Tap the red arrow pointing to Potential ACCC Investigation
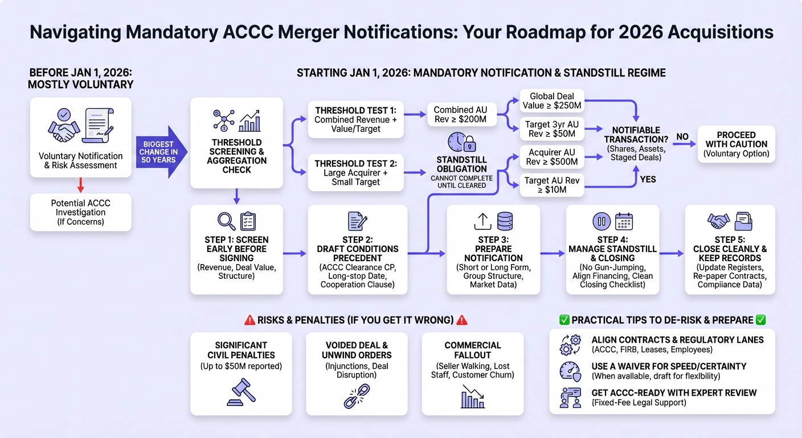pyautogui.click(x=80, y=185)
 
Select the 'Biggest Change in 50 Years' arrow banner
pyautogui.click(x=161, y=152)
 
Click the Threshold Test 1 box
pyautogui.click(x=355, y=119)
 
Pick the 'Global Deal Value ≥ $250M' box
pyautogui.click(x=552, y=101)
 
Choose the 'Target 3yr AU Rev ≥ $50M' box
pyautogui.click(x=552, y=129)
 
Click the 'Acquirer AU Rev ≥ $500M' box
pyautogui.click(x=552, y=157)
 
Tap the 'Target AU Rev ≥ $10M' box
pyautogui.click(x=552, y=185)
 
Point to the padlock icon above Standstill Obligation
pyautogui.click(x=470, y=144)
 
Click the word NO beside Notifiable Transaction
pyautogui.click(x=682, y=136)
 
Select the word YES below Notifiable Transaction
pyautogui.click(x=648, y=179)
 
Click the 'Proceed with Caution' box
pyautogui.click(x=736, y=144)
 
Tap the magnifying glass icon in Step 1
pyautogui.click(x=226, y=221)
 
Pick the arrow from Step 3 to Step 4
pyautogui.click(x=553, y=253)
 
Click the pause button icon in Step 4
pyautogui.click(x=601, y=221)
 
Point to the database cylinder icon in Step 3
pyautogui.click(x=505, y=221)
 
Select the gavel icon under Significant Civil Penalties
pyautogui.click(x=241, y=392)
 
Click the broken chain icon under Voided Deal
pyautogui.click(x=357, y=396)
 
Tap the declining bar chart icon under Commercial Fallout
pyautogui.click(x=473, y=396)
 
